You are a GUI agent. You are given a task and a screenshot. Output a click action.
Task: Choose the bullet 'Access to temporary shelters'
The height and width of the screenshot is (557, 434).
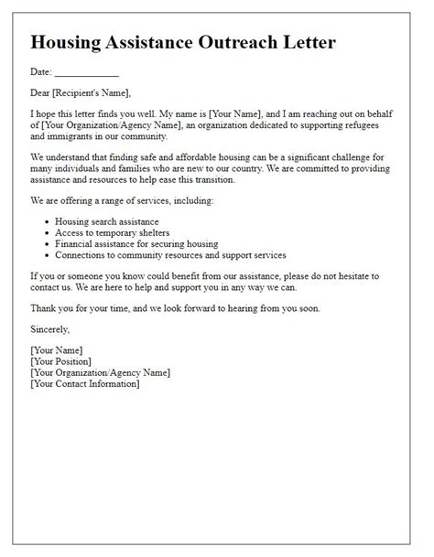(x=114, y=232)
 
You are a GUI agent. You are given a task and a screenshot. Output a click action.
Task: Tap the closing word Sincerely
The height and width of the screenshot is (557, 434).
(x=49, y=328)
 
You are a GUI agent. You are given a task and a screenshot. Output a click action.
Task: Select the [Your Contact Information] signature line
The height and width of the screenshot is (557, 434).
(x=85, y=383)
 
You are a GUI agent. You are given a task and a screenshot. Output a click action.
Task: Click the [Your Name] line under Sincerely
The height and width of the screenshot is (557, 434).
(x=57, y=349)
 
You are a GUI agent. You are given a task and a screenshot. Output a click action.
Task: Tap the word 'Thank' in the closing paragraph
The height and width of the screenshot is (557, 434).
(x=44, y=308)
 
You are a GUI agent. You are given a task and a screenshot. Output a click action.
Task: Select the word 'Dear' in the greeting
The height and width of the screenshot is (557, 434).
(x=41, y=91)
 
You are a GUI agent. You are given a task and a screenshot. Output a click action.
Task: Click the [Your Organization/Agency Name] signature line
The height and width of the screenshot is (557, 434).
(x=100, y=372)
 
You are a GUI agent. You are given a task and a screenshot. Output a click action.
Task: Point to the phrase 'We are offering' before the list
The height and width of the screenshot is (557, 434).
(x=63, y=200)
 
